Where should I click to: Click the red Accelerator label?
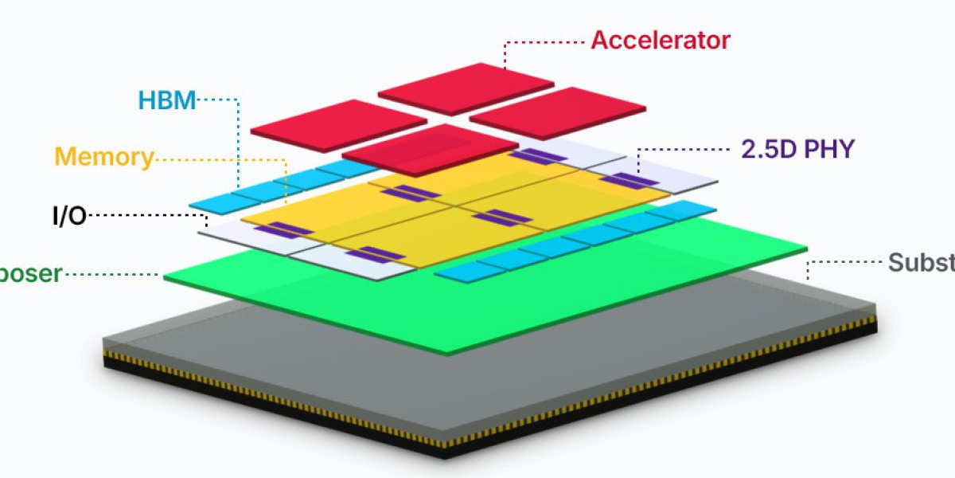[660, 40]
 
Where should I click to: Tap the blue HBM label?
[166, 100]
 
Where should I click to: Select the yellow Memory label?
[103, 156]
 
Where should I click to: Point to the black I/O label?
[69, 216]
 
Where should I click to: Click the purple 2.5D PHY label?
[797, 150]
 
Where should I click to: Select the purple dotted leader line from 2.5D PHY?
[684, 150]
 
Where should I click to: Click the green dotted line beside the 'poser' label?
[111, 275]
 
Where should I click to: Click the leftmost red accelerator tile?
[338, 125]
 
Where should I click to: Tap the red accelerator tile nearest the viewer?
[430, 150]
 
